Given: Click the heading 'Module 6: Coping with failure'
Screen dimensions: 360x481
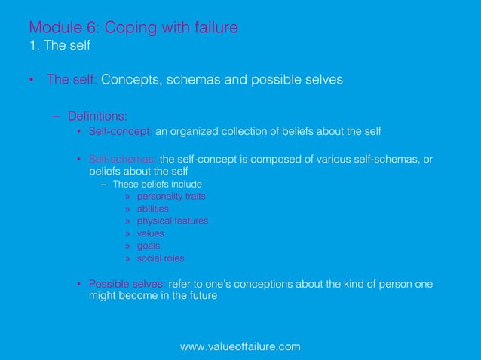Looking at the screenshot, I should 133,28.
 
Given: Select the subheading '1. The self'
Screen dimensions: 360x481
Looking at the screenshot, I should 60,46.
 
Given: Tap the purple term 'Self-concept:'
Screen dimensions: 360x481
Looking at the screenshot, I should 121,131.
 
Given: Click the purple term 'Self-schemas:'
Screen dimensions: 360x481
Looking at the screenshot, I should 123,159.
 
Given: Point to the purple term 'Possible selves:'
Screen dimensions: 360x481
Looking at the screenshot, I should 127,284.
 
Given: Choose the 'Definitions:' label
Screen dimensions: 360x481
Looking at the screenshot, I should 97,116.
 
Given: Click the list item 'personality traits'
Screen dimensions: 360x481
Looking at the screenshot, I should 171,196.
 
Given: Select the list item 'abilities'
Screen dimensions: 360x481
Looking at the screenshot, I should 152,209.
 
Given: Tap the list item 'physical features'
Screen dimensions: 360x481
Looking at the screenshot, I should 172,221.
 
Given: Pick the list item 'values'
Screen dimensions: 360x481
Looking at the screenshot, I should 150,233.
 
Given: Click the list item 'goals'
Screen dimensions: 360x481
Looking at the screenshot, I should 149,246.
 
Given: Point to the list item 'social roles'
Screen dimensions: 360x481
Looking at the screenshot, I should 160,258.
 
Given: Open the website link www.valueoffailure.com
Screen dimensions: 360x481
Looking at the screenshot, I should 240,346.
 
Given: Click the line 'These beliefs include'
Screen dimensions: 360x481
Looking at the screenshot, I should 157,184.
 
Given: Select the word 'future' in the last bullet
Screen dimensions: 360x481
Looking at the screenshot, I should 201,297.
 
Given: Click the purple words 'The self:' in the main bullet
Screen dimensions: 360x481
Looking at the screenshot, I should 72,80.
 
